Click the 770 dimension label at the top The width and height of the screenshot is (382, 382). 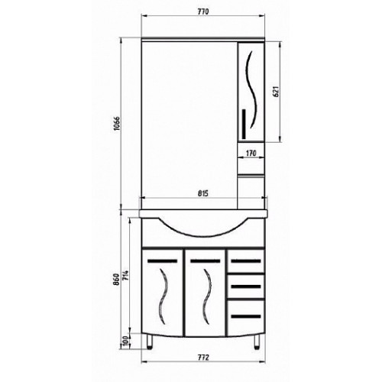pyautogui.click(x=203, y=11)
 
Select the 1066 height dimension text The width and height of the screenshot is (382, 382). pyautogui.click(x=116, y=124)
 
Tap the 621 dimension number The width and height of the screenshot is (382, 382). pyautogui.click(x=276, y=92)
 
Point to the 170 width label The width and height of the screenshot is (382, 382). pyautogui.click(x=251, y=154)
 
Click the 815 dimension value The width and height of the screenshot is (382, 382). pyautogui.click(x=203, y=193)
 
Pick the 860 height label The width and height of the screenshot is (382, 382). pyautogui.click(x=116, y=280)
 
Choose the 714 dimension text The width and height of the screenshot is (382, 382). pyautogui.click(x=126, y=276)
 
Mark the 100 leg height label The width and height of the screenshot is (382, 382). pyautogui.click(x=125, y=342)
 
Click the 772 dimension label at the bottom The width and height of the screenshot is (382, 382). pyautogui.click(x=203, y=358)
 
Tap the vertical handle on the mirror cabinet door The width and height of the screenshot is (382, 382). pyautogui.click(x=244, y=124)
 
